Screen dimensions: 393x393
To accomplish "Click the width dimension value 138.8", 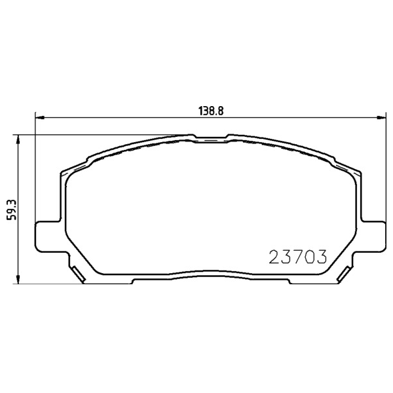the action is [211, 111].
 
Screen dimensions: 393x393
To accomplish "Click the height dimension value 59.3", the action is [12, 210].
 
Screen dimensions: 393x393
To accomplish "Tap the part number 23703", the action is [298, 257].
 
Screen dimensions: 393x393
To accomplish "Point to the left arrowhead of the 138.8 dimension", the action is [40, 117].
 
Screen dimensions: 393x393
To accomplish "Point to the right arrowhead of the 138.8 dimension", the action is [381, 117].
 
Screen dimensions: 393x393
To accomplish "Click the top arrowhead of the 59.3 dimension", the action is [18, 140].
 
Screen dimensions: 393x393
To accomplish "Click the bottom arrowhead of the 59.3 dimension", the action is [18, 279].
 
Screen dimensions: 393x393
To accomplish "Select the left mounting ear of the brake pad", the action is [48, 236].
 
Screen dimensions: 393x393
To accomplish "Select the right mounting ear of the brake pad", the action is [373, 236].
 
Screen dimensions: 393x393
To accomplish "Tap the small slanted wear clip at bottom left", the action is [78, 274].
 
